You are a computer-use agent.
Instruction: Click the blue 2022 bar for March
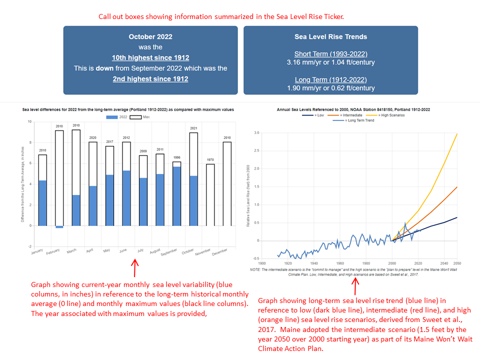(x=76, y=210)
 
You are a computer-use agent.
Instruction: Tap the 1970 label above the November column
(x=210, y=160)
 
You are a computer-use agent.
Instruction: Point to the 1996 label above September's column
(x=177, y=157)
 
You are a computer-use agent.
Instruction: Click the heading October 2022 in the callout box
(x=150, y=36)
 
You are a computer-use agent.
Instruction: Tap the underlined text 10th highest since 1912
(x=150, y=57)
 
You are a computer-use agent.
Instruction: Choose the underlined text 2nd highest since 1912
(x=150, y=78)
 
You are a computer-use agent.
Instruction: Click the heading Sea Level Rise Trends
(x=331, y=36)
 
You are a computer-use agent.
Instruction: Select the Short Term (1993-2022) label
(x=331, y=54)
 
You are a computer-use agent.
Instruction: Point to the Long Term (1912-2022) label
(x=331, y=80)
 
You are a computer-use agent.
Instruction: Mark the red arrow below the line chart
(x=356, y=285)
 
